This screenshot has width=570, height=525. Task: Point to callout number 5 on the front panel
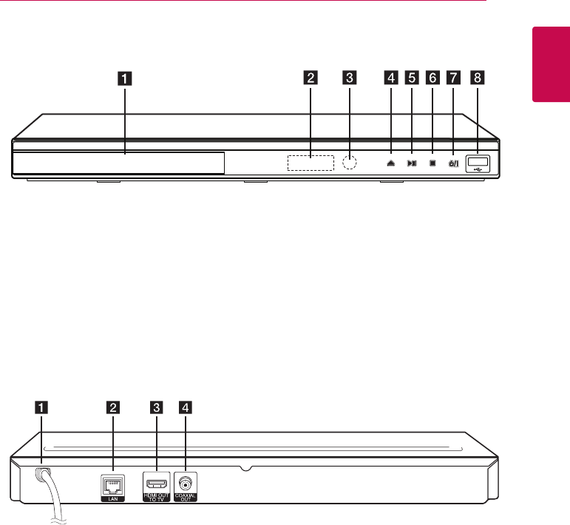[x=412, y=76]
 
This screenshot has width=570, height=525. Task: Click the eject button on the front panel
[x=390, y=163]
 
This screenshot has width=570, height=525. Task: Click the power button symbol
[x=453, y=163]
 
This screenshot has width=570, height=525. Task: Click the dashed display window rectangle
[x=311, y=162]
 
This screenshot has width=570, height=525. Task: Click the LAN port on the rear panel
[x=112, y=484]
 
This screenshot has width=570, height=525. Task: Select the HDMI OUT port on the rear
[x=156, y=483]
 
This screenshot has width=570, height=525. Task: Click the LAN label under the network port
[x=112, y=498]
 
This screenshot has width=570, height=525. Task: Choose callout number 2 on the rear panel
[x=112, y=406]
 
